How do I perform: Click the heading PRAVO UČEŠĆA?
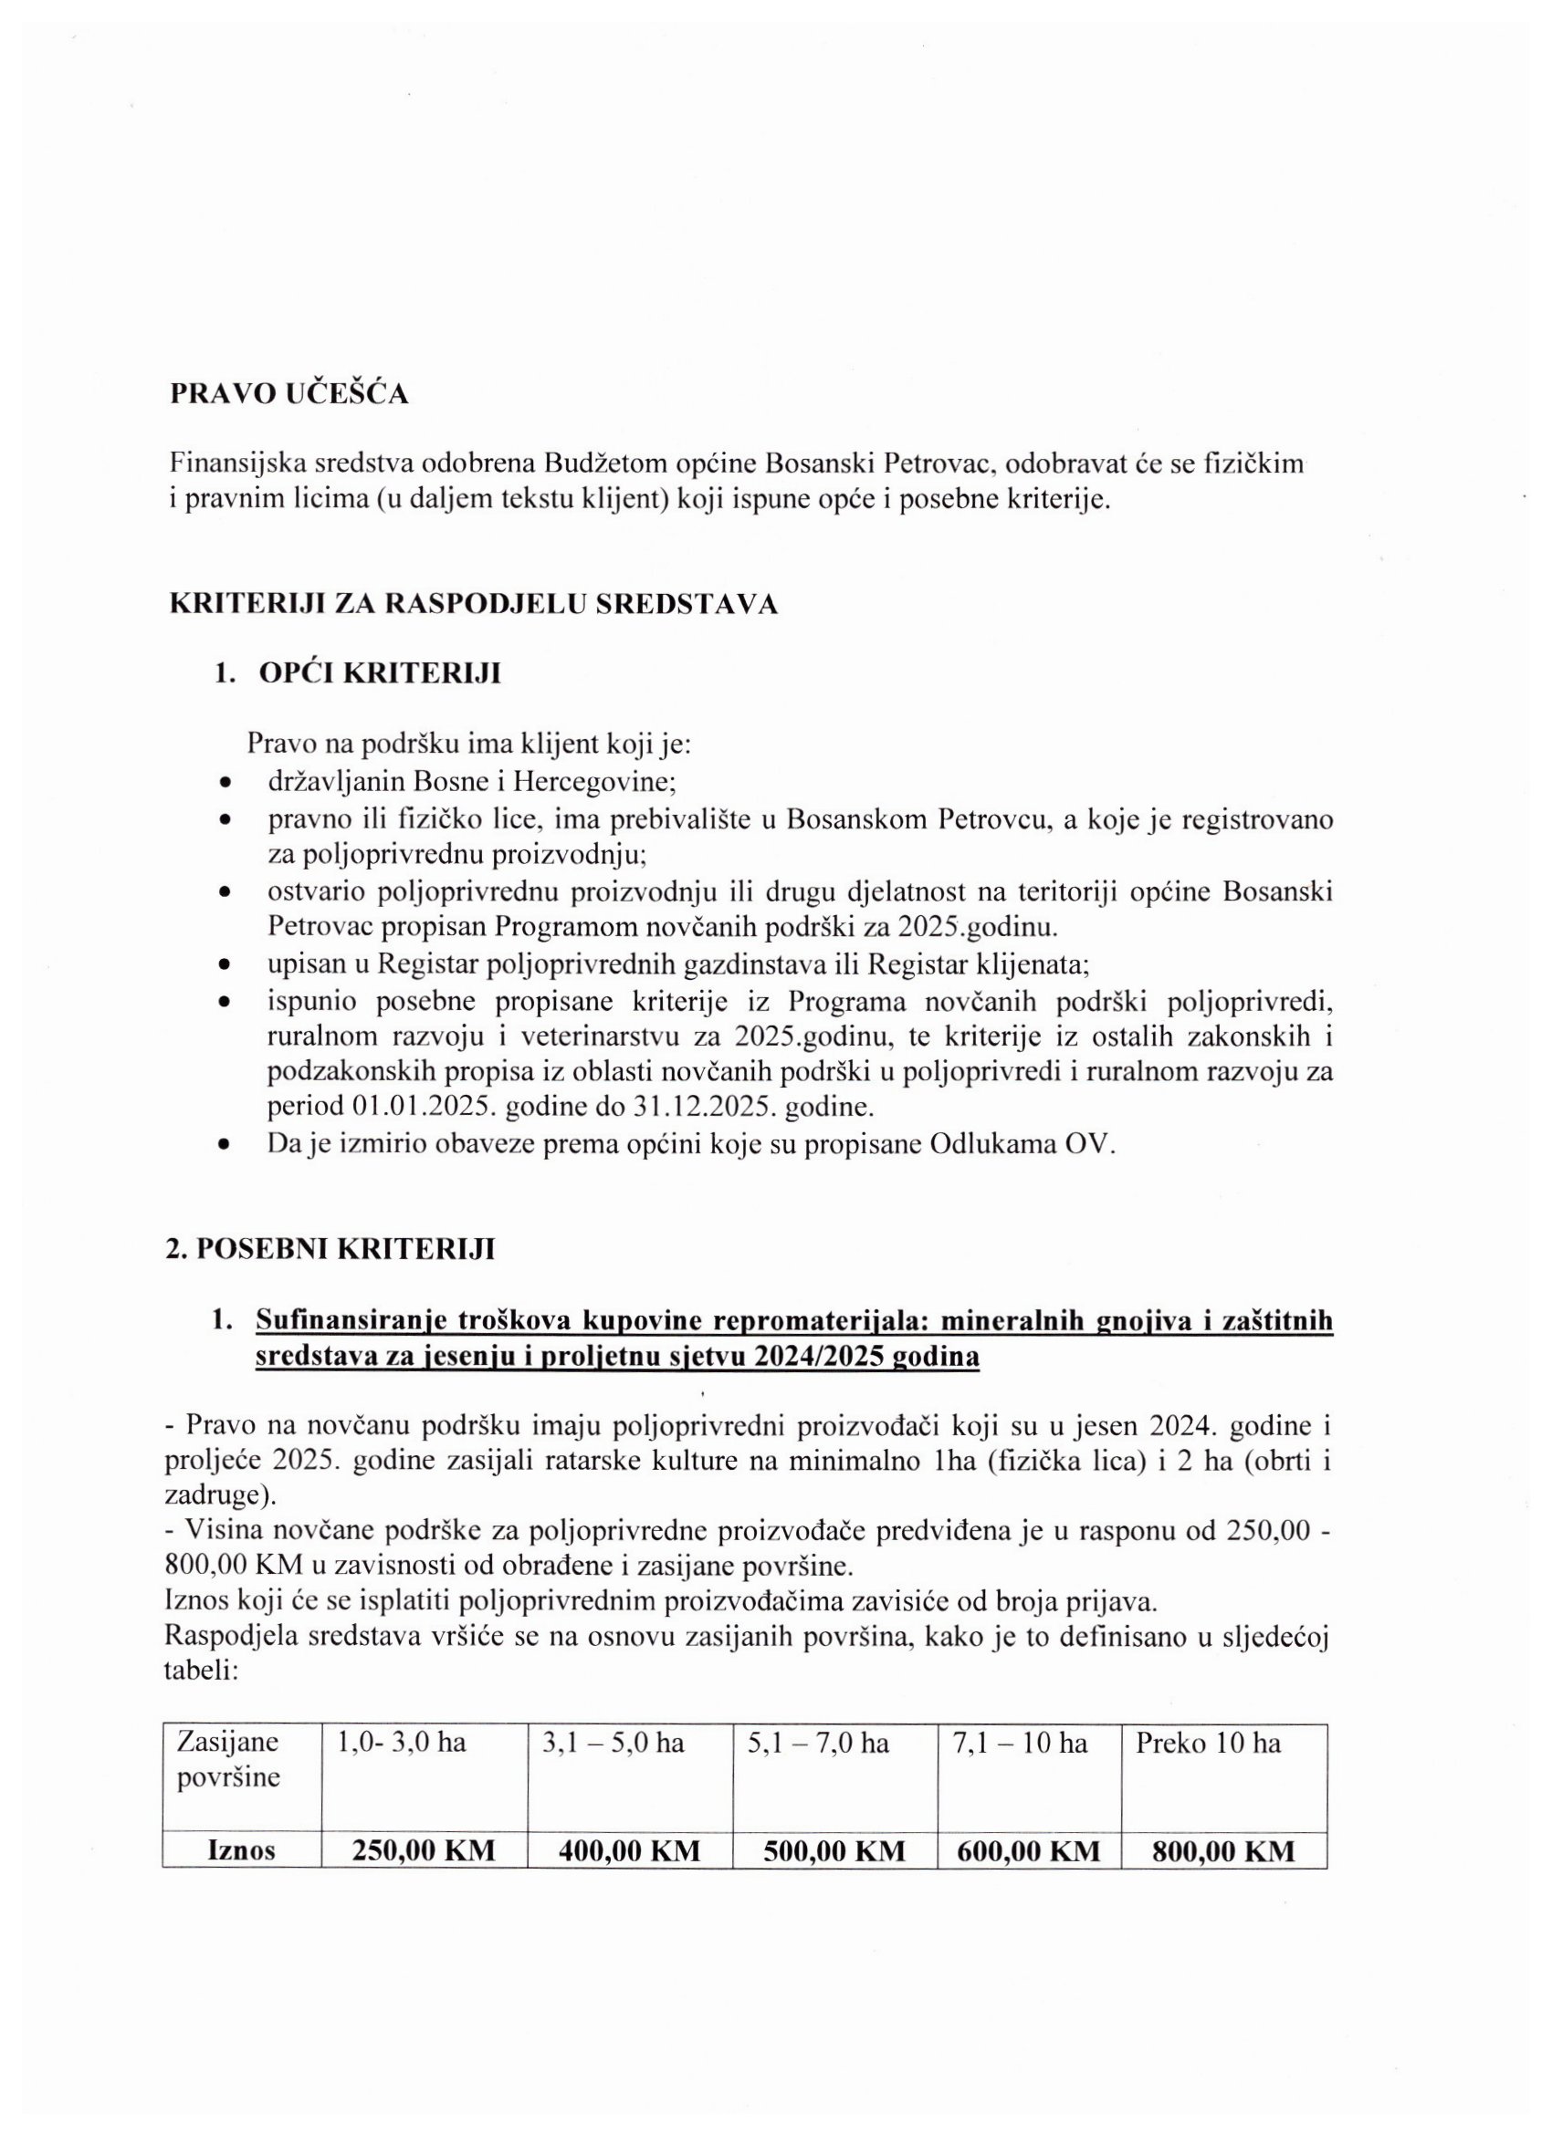pos(289,394)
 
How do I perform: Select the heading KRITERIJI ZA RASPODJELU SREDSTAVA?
pos(473,604)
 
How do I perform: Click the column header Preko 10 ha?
pos(1207,1744)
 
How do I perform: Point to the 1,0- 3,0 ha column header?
pos(401,1744)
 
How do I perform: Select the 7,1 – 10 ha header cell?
pos(1020,1744)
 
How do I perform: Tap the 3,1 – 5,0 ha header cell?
pos(613,1744)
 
